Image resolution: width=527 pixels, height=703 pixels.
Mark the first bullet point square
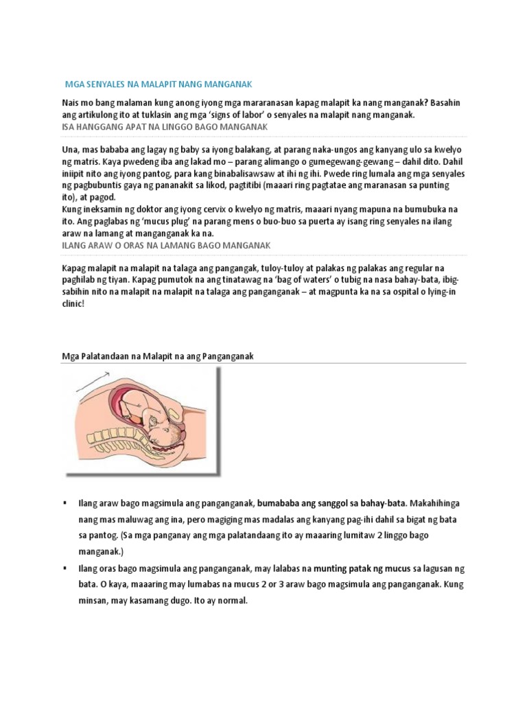(x=65, y=504)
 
